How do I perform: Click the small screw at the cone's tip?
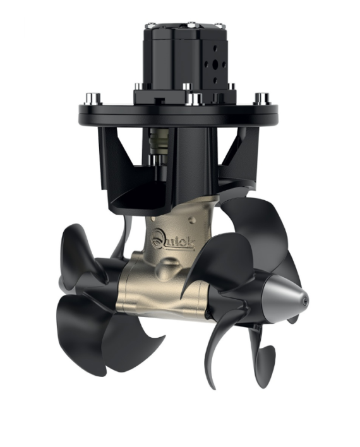(305, 300)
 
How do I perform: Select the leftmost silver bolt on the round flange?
(93, 98)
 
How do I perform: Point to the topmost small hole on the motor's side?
(215, 48)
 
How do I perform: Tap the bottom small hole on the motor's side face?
(215, 80)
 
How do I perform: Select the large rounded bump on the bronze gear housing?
(168, 267)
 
